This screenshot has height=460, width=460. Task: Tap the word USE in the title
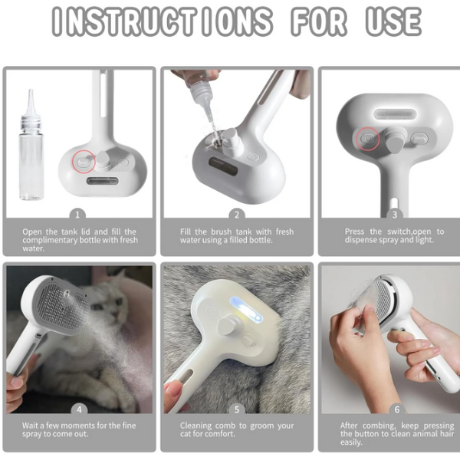coord(393,22)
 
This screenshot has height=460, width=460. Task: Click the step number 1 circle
coord(77,215)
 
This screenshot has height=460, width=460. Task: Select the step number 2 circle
coord(237,215)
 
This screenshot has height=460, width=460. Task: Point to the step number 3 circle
coord(394,215)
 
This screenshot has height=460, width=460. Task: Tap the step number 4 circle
coord(77,409)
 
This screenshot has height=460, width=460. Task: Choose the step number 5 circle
coord(237,409)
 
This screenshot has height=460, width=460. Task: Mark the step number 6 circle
coord(396,409)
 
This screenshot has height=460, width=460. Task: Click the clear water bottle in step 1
coord(31,153)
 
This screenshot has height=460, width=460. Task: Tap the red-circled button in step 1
coord(81,163)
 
